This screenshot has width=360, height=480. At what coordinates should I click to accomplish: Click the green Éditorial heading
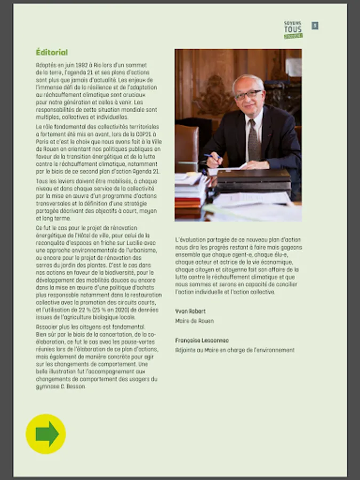52,52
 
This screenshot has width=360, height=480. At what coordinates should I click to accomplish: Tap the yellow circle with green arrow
46,434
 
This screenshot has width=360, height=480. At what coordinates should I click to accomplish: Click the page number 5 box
315,26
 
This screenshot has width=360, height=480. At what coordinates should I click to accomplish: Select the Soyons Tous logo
293,30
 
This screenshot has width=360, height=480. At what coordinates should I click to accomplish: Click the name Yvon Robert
190,311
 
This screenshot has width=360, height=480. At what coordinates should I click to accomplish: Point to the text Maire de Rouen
195,321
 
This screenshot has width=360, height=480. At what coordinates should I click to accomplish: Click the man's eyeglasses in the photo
248,95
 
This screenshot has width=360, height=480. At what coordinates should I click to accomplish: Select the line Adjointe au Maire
235,350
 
